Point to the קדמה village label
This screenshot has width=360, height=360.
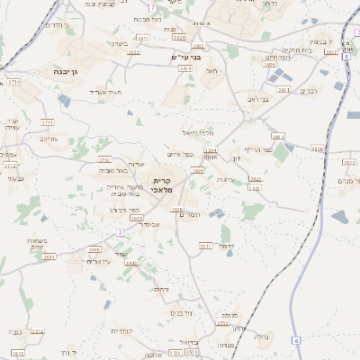pyautogui.click(x=227, y=245)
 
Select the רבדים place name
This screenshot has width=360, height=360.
pyautogui.click(x=307, y=90)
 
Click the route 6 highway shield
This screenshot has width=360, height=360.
pyautogui.click(x=296, y=342)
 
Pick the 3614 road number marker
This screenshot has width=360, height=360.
pyautogui.click(x=49, y=256)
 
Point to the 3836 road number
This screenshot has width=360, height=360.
pyautogui.click(x=317, y=148)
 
